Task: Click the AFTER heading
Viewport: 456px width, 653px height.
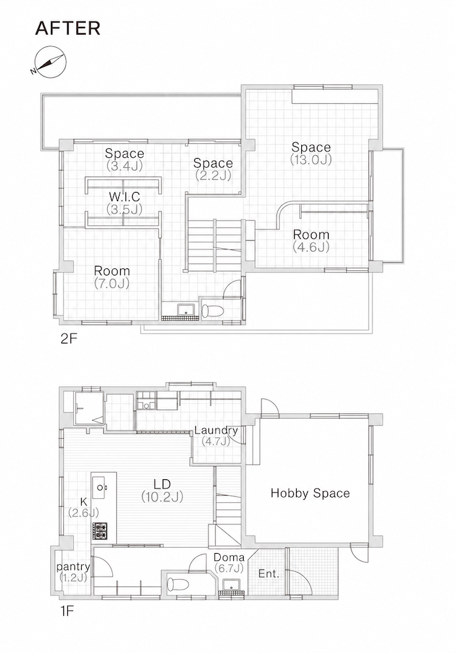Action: [x=68, y=28]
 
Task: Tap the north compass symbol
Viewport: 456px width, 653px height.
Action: [x=49, y=61]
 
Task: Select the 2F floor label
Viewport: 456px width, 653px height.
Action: [x=69, y=338]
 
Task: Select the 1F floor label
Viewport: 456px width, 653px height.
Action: [x=67, y=611]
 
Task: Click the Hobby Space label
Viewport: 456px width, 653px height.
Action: [x=310, y=494]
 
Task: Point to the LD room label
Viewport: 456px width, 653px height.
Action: [x=162, y=485]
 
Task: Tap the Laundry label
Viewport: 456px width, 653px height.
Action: [x=216, y=430]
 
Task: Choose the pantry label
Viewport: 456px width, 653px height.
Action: [x=73, y=567]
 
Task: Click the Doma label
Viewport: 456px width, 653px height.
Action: [x=229, y=557]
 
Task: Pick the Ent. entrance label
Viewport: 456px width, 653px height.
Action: [x=269, y=573]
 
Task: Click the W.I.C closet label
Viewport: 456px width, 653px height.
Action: [x=124, y=197]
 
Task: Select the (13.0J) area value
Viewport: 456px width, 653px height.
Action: [x=311, y=159]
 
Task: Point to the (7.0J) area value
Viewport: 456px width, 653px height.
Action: [x=111, y=283]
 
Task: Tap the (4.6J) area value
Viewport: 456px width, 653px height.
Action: [x=311, y=247]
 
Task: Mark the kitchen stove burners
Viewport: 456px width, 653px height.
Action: [x=99, y=531]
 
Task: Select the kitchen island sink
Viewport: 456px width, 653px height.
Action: [x=101, y=486]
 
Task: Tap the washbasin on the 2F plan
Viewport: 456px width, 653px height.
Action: [x=185, y=310]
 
